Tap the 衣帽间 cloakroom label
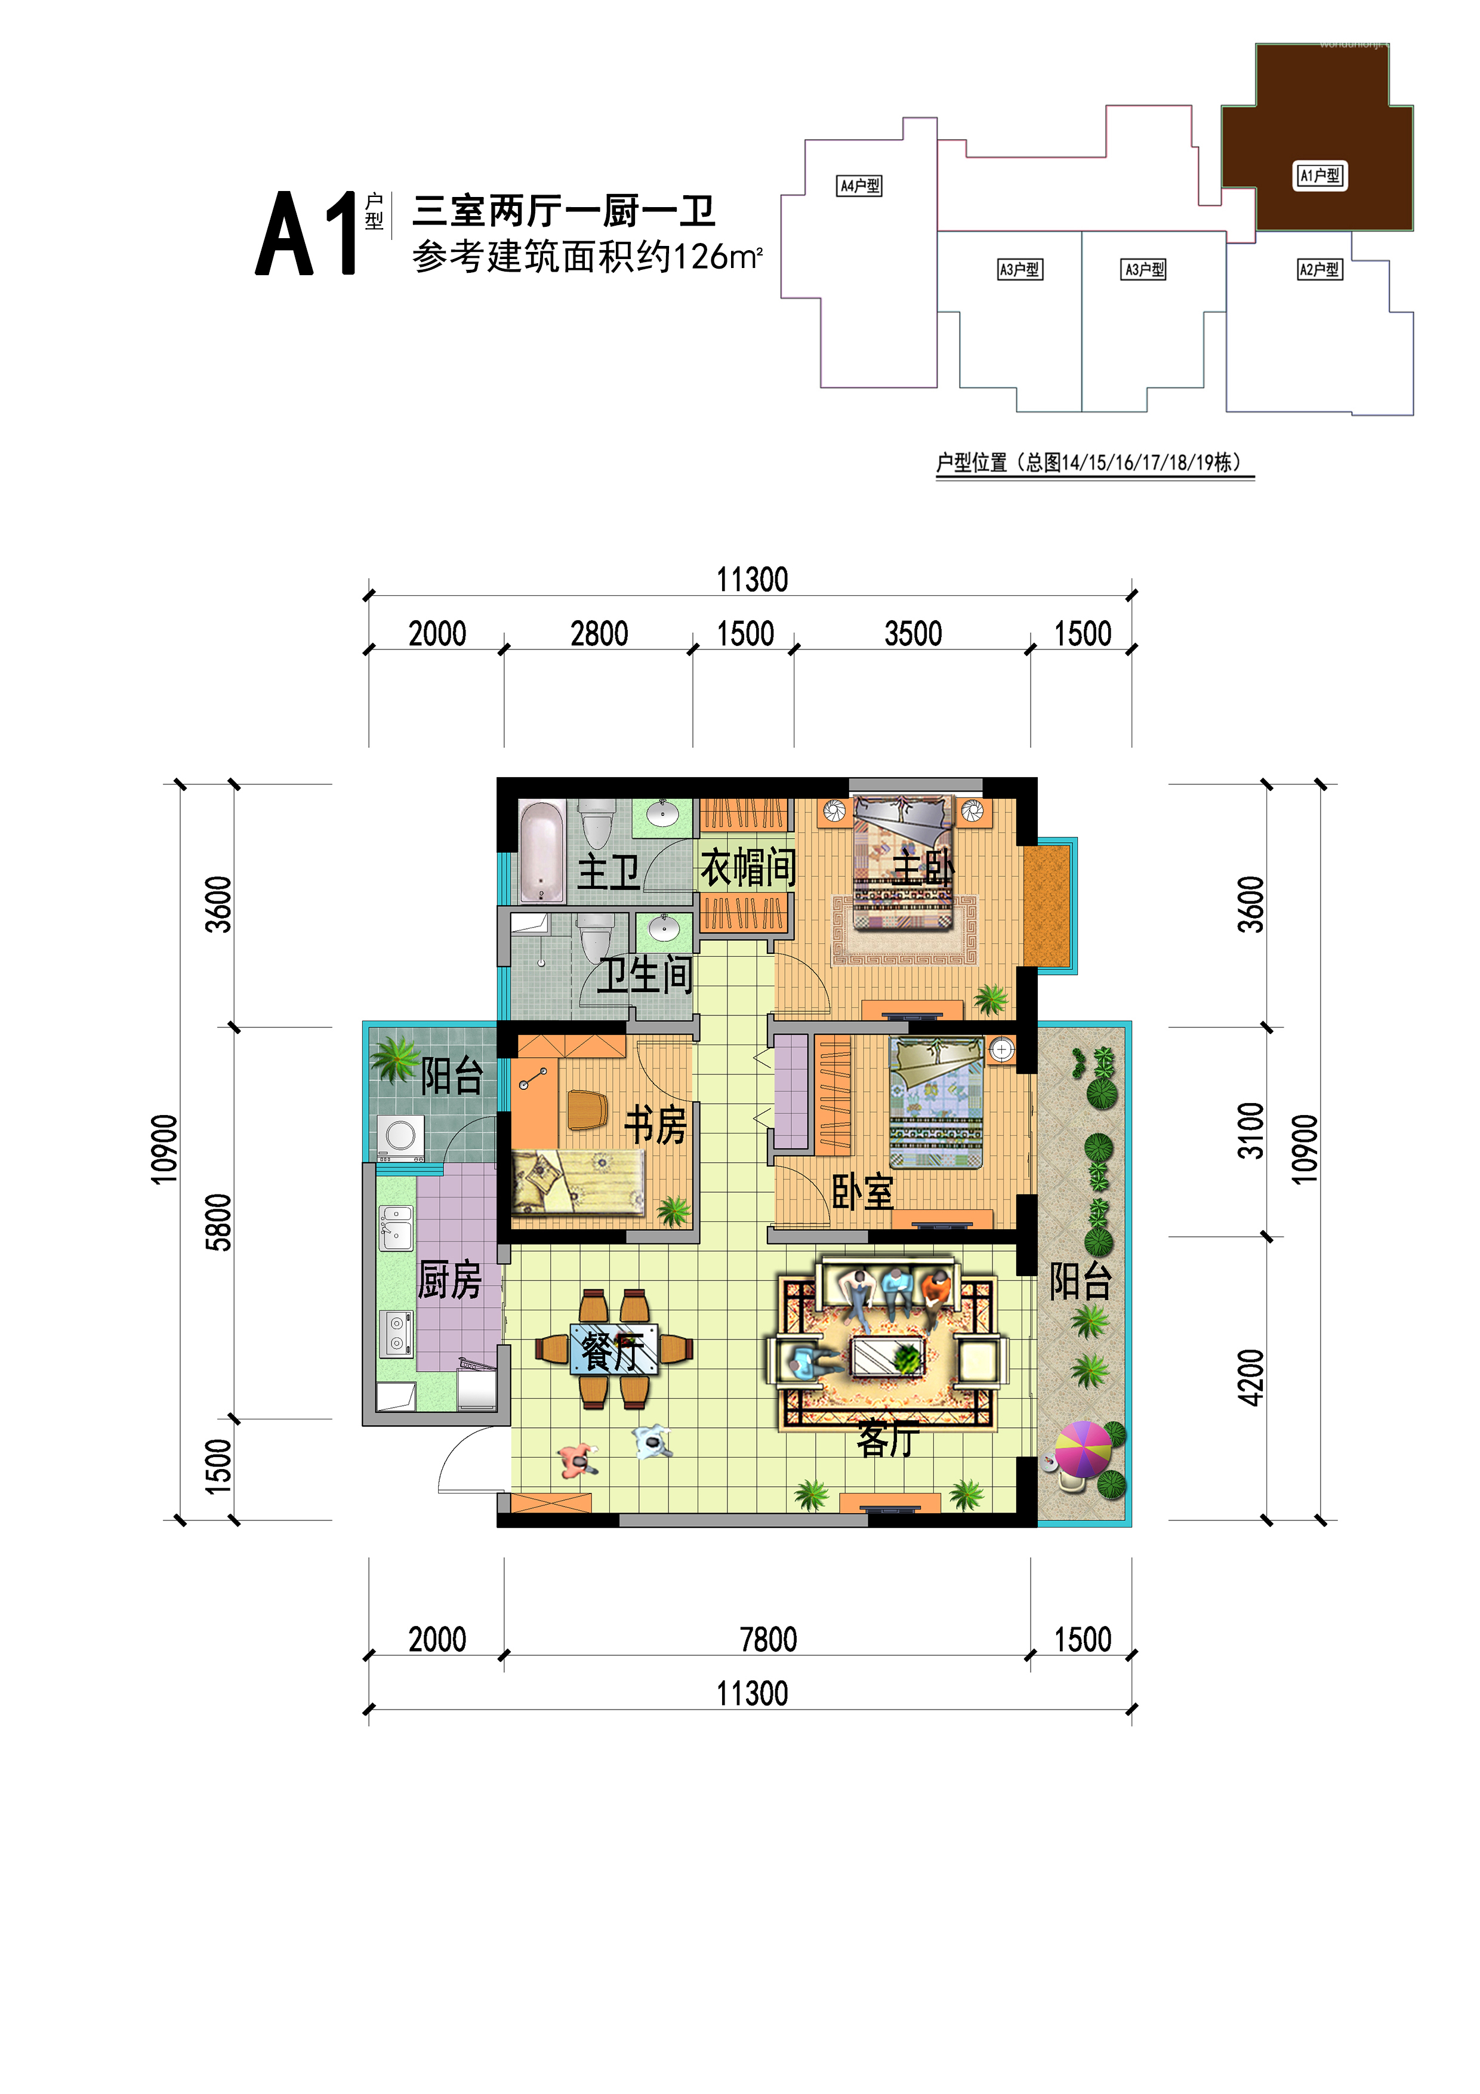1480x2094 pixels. (748, 867)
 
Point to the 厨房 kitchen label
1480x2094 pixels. (449, 1280)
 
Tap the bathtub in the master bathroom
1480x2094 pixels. (542, 851)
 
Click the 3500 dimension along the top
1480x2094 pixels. (913, 633)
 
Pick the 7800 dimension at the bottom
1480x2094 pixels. (768, 1639)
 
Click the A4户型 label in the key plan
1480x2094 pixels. (860, 186)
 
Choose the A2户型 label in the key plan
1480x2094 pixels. (1319, 269)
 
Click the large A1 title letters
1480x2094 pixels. (306, 233)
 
